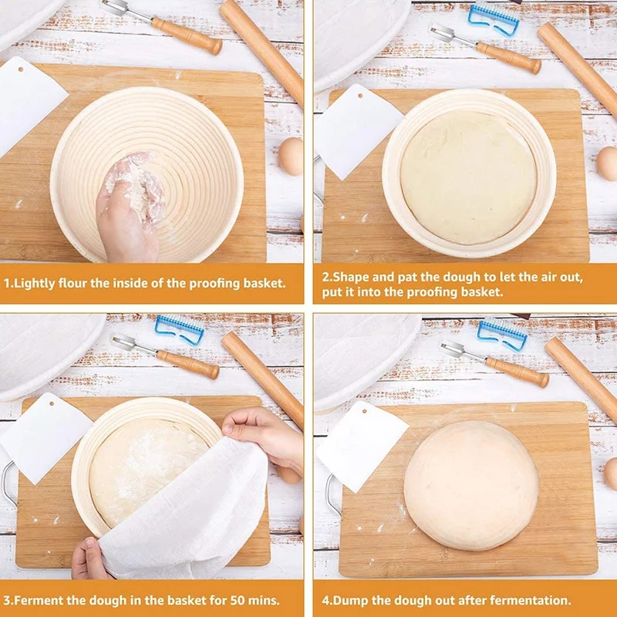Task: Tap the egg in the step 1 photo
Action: pyautogui.click(x=292, y=157)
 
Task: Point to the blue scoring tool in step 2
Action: pyautogui.click(x=494, y=19)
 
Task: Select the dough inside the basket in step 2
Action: pyautogui.click(x=468, y=177)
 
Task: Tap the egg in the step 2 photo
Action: pyautogui.click(x=608, y=163)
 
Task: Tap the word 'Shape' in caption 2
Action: pyautogui.click(x=350, y=277)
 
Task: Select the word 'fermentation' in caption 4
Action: pyautogui.click(x=531, y=600)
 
